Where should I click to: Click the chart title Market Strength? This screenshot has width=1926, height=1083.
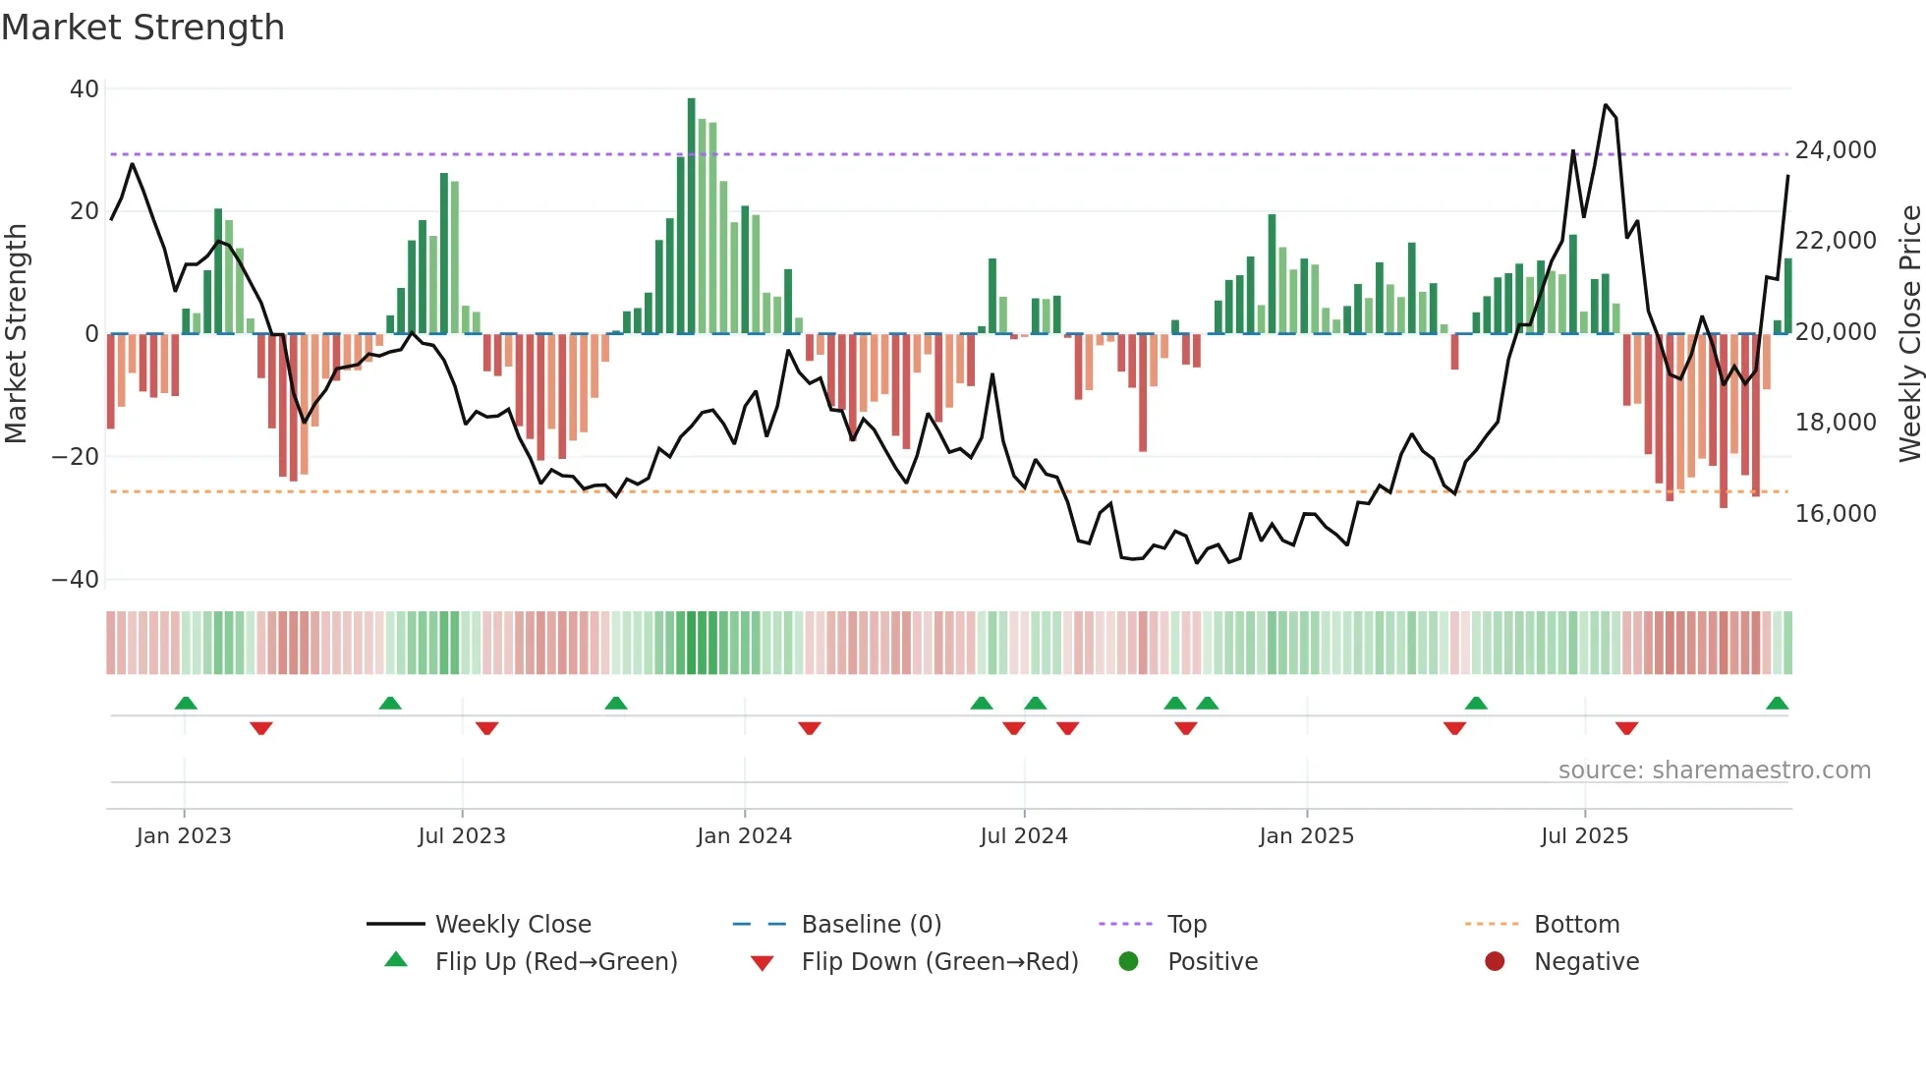[x=142, y=28]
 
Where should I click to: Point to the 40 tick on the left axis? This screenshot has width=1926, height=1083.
[x=85, y=89]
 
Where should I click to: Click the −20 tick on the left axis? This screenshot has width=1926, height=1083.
[x=76, y=457]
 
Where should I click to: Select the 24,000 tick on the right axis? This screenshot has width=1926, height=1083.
[x=1836, y=150]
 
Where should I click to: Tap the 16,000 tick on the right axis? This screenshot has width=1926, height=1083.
[x=1836, y=514]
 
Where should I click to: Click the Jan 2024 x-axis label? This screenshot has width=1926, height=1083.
[x=744, y=836]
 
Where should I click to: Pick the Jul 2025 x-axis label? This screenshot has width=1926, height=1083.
[x=1584, y=836]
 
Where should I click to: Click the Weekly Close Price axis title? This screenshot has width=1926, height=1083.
[x=1909, y=334]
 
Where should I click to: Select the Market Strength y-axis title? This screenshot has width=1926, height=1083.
[x=17, y=334]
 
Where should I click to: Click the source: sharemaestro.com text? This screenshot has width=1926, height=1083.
[x=1714, y=770]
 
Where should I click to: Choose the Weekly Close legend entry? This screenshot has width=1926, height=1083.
[x=512, y=925]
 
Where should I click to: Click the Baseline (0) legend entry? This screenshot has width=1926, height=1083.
[x=871, y=925]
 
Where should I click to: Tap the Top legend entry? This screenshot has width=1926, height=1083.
[x=1186, y=925]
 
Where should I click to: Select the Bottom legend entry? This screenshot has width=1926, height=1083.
[x=1576, y=925]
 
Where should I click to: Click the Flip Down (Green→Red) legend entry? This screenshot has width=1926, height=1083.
[x=938, y=962]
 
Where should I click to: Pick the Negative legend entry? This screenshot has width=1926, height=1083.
[x=1586, y=962]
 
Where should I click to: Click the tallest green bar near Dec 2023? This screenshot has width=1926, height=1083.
[x=691, y=216]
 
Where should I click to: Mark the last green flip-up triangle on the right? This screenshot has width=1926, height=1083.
[x=1777, y=703]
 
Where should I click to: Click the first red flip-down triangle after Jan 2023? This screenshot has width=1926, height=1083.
[x=260, y=728]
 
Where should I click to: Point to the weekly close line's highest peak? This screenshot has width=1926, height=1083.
[x=1606, y=105]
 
